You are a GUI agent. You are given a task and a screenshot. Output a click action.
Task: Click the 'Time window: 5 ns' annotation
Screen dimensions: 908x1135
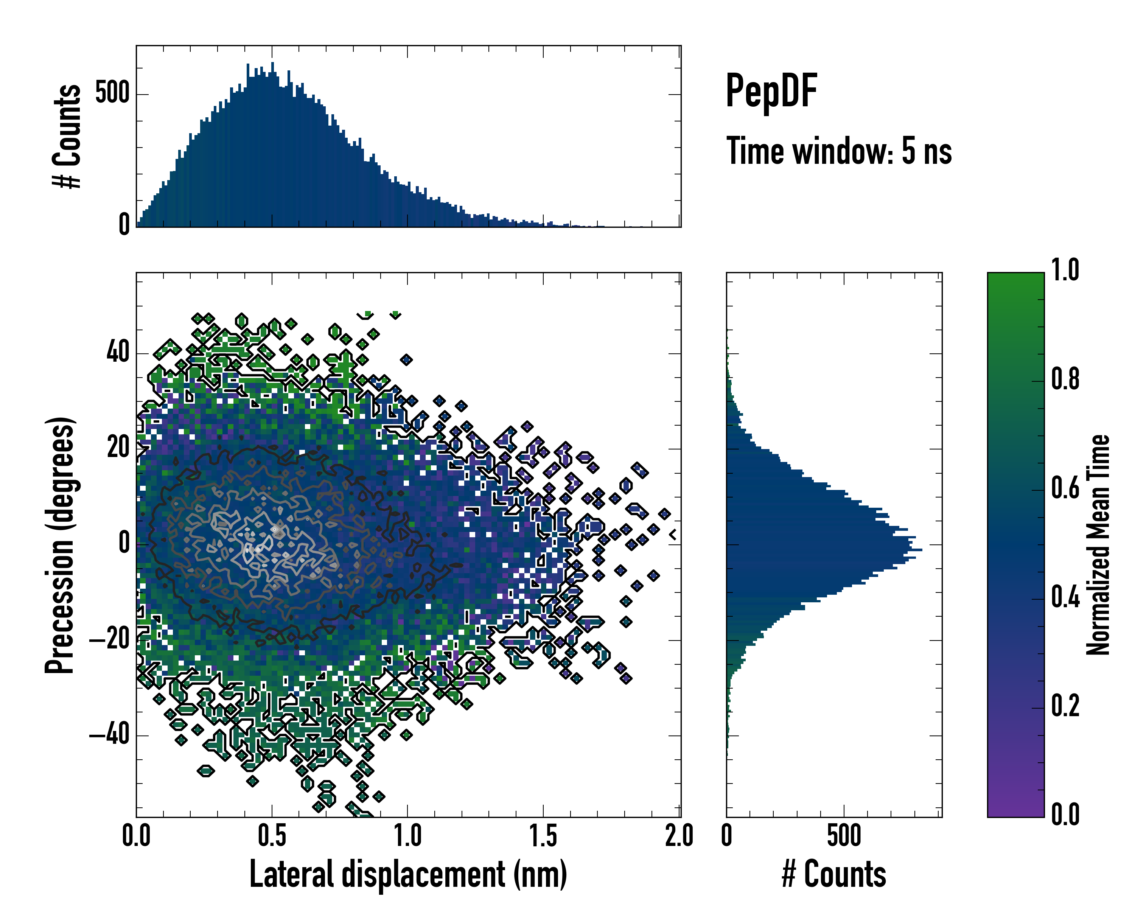tap(839, 151)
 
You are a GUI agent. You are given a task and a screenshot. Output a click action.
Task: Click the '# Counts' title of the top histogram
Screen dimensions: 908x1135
tap(67, 136)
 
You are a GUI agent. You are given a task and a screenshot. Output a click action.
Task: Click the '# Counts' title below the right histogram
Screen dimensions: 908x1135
tap(833, 874)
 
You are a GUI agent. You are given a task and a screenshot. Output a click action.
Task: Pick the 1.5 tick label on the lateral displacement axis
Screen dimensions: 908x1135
tap(543, 836)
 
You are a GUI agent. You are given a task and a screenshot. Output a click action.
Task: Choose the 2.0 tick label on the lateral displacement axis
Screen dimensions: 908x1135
tap(679, 836)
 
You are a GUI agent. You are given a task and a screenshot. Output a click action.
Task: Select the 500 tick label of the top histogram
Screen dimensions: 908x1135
tap(112, 94)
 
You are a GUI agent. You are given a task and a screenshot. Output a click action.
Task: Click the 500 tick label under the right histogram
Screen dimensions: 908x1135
tap(844, 836)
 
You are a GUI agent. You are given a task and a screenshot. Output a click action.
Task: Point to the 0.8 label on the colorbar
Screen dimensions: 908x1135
tap(1065, 379)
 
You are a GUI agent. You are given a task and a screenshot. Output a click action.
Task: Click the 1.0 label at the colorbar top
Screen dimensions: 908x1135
tap(1065, 270)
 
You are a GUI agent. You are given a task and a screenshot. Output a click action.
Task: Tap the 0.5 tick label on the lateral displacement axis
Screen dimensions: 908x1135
tap(272, 836)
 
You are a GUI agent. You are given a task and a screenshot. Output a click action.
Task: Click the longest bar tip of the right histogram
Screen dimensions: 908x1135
tap(921, 550)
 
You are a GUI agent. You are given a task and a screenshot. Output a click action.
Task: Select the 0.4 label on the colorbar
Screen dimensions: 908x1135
tap(1065, 597)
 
